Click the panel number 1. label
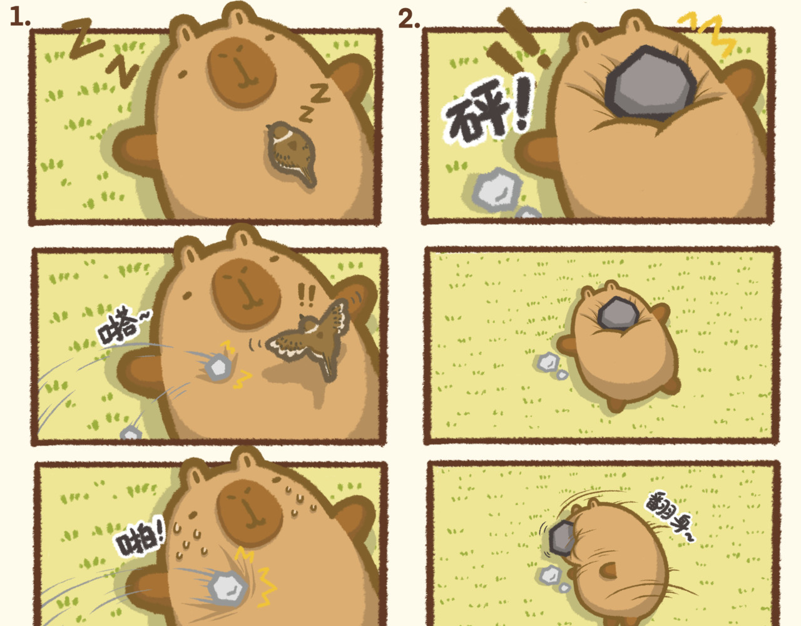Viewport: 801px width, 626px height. click(x=19, y=18)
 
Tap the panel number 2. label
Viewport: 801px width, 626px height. click(x=409, y=19)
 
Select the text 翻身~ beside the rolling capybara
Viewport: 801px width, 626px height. click(x=668, y=516)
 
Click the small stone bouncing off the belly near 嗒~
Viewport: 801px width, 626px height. click(x=218, y=367)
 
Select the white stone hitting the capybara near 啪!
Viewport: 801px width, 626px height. click(x=227, y=588)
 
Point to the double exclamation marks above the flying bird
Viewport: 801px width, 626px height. click(x=306, y=295)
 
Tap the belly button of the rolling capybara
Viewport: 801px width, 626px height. click(x=609, y=571)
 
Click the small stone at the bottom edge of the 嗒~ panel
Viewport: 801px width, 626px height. click(x=131, y=433)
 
